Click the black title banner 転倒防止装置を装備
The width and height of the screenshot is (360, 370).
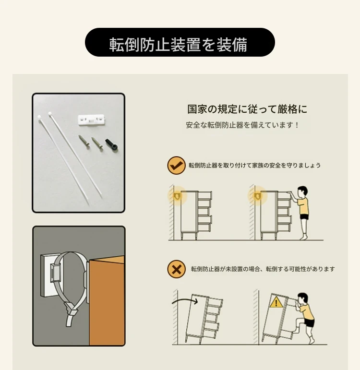[x=180, y=42]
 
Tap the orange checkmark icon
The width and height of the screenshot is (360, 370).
[x=176, y=166]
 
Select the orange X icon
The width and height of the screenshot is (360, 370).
[x=176, y=269]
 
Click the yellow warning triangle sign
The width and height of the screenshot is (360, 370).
[x=276, y=302]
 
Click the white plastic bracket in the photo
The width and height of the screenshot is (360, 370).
[x=91, y=119]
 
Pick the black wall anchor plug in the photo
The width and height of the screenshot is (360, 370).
[x=112, y=144]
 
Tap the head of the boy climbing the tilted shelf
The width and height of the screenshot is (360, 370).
[x=302, y=299]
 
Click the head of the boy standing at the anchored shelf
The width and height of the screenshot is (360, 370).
[x=302, y=192]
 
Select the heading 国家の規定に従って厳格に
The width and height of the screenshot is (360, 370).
[x=247, y=109]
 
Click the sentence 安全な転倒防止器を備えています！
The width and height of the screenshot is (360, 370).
[x=242, y=125]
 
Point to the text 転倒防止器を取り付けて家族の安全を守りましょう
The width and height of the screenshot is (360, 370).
[x=254, y=165]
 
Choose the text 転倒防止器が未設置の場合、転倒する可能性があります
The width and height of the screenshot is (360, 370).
[x=263, y=269]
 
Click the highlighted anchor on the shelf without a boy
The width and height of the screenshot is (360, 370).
[x=177, y=196]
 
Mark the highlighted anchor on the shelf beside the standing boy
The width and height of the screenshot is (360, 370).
[x=257, y=196]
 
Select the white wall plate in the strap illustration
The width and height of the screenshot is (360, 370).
[x=48, y=275]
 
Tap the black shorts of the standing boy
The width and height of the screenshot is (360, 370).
[x=304, y=217]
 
